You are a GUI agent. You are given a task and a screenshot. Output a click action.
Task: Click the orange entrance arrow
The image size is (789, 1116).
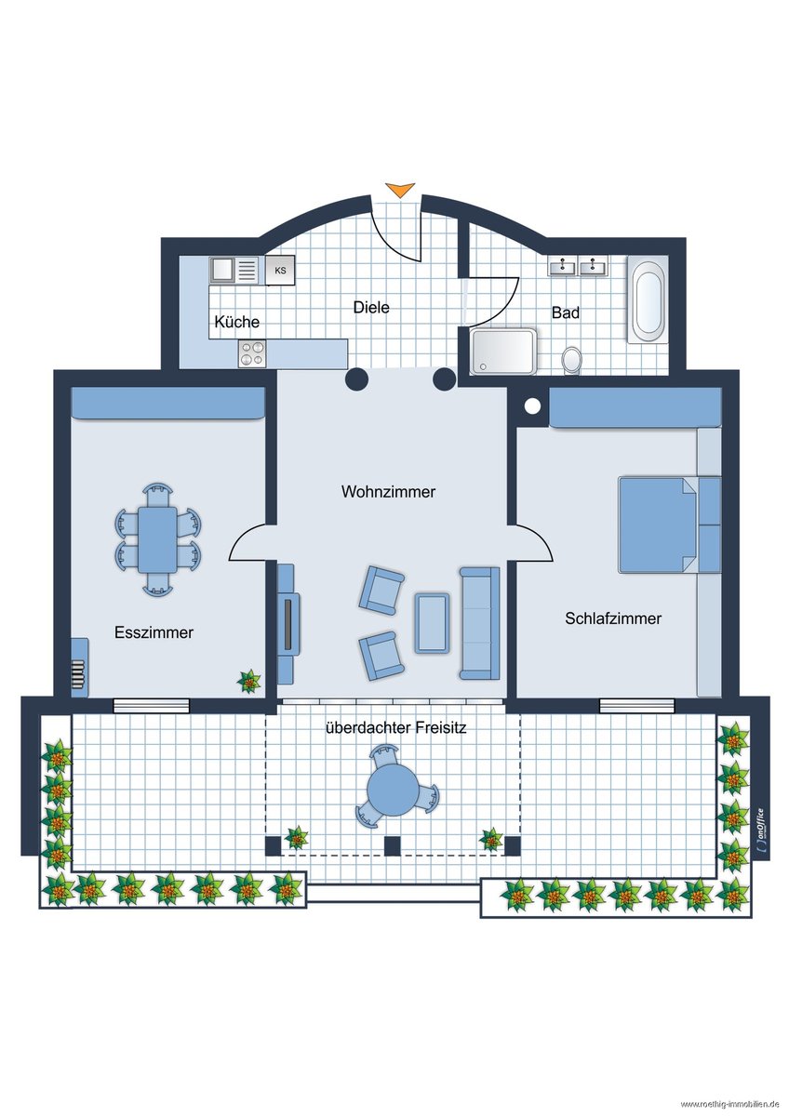pos(400,190)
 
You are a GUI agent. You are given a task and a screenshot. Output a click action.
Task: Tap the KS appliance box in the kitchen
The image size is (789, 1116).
pos(280,271)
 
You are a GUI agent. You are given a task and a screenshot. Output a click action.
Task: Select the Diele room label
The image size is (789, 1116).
pos(371,307)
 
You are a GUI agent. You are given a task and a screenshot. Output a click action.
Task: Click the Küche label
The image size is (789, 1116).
pos(236,322)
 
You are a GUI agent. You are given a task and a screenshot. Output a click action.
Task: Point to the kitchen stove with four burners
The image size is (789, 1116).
pos(252,353)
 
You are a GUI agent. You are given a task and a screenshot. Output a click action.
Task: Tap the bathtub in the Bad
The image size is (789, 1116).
pos(648,299)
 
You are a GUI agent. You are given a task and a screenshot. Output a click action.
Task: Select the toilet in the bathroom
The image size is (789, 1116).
pos(571,360)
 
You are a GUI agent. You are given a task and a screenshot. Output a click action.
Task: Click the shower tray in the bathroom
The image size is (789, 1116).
pos(503,352)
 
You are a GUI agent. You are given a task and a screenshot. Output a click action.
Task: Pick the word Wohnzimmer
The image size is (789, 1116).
pos(388,492)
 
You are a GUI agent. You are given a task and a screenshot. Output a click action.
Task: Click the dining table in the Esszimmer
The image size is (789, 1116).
pos(157,539)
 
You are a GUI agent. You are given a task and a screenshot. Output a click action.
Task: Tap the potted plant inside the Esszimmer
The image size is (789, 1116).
pos(248,681)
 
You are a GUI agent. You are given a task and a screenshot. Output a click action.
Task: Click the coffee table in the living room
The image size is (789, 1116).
pos(432,623)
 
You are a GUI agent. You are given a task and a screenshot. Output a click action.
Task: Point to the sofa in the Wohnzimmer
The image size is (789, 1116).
pos(479,623)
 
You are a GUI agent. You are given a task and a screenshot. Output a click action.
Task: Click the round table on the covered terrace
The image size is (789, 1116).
pos(393,790)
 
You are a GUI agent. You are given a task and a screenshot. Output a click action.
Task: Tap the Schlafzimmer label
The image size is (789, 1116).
pos(613,618)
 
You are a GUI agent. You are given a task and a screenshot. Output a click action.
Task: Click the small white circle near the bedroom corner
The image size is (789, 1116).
pos(532,406)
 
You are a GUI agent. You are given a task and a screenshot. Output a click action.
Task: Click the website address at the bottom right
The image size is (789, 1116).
pos(729,1105)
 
